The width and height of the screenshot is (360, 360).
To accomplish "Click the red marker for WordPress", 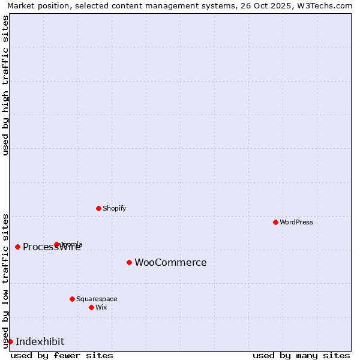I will (x=275, y=222).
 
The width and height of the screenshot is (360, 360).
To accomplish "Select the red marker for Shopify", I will (x=98, y=208).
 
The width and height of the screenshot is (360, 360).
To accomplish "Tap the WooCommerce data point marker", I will (x=129, y=262).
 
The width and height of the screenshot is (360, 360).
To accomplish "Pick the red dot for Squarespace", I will (x=72, y=299).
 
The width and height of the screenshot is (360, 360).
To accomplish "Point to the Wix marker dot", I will (x=91, y=307).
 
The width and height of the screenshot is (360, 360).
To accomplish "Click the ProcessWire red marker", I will (x=17, y=247).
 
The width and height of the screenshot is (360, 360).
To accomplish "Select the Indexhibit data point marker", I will (x=10, y=341).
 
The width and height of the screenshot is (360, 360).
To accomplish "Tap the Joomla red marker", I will (x=56, y=244).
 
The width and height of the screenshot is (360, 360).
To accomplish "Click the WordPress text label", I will (x=296, y=222).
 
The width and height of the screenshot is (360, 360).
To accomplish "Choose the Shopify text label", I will (x=115, y=208).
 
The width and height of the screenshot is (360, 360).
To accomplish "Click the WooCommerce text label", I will (x=170, y=262).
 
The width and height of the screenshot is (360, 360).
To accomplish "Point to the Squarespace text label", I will (x=97, y=299).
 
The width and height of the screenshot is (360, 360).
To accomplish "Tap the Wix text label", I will (x=101, y=307).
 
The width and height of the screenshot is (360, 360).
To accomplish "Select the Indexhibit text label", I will (x=40, y=341).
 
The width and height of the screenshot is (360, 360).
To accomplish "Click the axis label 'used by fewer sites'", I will (x=62, y=355).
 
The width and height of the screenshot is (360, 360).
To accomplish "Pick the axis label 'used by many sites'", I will (x=301, y=355).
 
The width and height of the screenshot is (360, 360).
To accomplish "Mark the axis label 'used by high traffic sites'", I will (x=5, y=85).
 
